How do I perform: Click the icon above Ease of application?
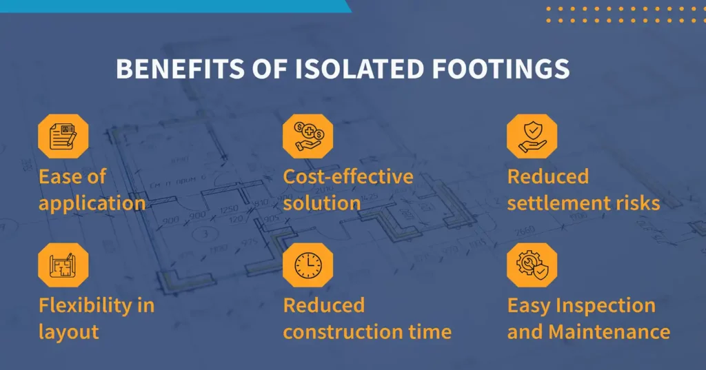pyautogui.click(x=63, y=136)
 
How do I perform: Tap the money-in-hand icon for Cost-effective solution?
pyautogui.click(x=307, y=136)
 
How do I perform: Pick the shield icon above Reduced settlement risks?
pyautogui.click(x=532, y=136)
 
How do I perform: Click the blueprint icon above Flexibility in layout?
pyautogui.click(x=63, y=265)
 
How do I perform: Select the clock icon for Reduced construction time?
pyautogui.click(x=307, y=265)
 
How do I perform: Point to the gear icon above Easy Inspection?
pyautogui.click(x=532, y=265)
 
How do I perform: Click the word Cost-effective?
pyautogui.click(x=348, y=176)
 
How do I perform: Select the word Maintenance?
pyautogui.click(x=609, y=332)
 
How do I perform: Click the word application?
pyautogui.click(x=92, y=204)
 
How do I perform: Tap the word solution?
pyautogui.click(x=322, y=203)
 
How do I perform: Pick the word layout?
pyautogui.click(x=69, y=332)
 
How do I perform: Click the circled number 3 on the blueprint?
pyautogui.click(x=203, y=234)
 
